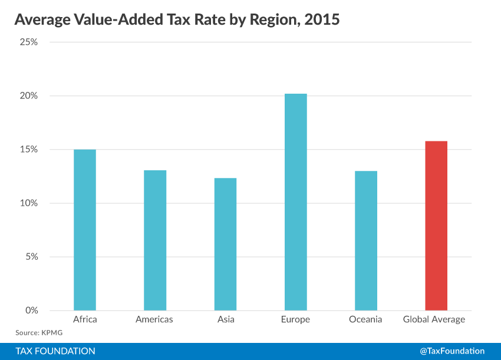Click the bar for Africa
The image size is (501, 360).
[85, 230]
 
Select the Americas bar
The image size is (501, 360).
[155, 240]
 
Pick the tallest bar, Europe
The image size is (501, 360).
[295, 202]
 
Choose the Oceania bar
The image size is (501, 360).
[365, 240]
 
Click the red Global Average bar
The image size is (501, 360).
[436, 226]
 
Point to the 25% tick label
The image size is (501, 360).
[28, 42]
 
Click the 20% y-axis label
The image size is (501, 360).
[28, 96]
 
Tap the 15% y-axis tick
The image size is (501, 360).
[28, 150]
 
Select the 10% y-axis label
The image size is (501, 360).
[28, 203]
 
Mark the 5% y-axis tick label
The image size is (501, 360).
[31, 257]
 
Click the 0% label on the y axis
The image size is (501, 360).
[31, 311]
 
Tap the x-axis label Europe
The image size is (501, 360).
[295, 320]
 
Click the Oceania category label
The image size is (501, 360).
[365, 320]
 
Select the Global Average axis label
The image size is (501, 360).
[434, 320]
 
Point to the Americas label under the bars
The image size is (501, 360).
[155, 320]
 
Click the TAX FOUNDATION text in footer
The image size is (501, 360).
[55, 351]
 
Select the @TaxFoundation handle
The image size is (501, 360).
[452, 351]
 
